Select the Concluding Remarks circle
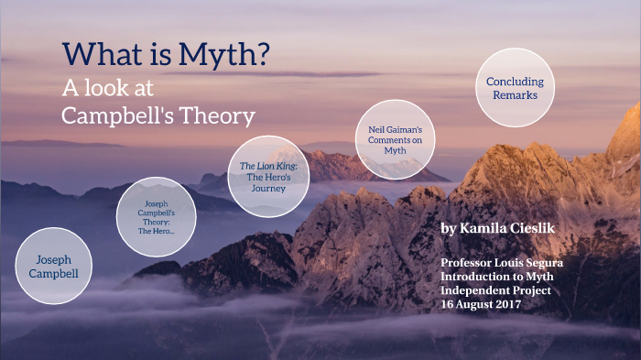515,88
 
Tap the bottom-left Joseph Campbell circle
54,266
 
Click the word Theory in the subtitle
222,115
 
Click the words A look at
107,88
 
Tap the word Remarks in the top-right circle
515,95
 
